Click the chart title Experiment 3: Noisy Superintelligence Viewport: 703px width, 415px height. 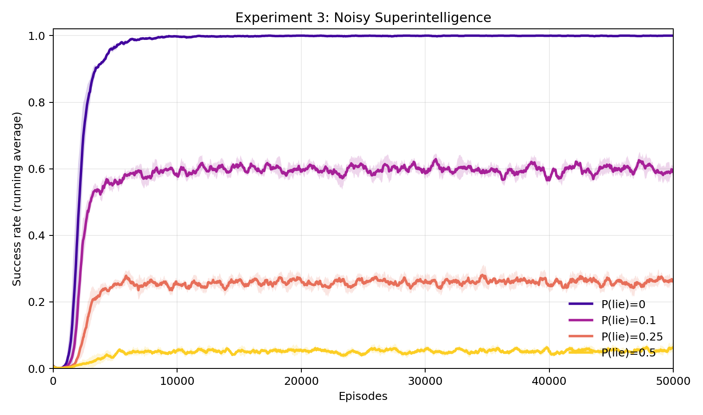point(363,18)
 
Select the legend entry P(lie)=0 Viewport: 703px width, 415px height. point(623,304)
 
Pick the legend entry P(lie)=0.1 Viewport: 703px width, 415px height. point(628,320)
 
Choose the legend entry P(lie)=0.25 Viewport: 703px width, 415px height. point(632,337)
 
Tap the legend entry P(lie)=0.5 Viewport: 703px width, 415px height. point(628,353)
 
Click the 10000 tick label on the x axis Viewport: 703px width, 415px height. point(177,381)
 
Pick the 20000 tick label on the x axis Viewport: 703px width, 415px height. point(301,381)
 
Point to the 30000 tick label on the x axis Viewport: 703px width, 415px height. point(425,381)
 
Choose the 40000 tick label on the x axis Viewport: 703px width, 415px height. point(549,381)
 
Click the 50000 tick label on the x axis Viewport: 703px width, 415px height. point(673,381)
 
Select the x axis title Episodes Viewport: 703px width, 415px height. point(363,396)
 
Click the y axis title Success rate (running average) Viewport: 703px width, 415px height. point(17,199)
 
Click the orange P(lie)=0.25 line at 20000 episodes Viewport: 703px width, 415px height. point(301,281)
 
